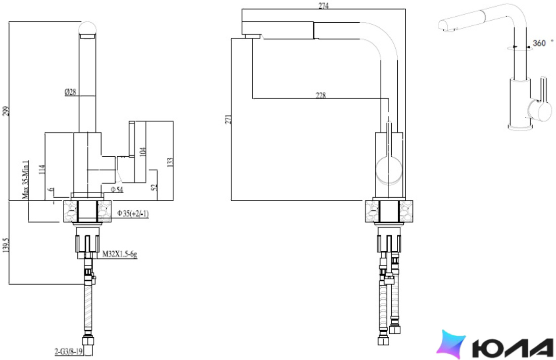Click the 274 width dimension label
[323, 6]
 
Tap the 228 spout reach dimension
[320, 95]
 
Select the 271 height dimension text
[228, 119]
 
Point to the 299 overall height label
[6, 111]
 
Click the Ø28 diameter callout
[70, 92]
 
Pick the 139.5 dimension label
[6, 245]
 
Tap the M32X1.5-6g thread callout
[119, 254]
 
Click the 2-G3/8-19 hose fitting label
[68, 351]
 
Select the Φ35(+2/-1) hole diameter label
[133, 213]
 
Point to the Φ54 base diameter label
[117, 190]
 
